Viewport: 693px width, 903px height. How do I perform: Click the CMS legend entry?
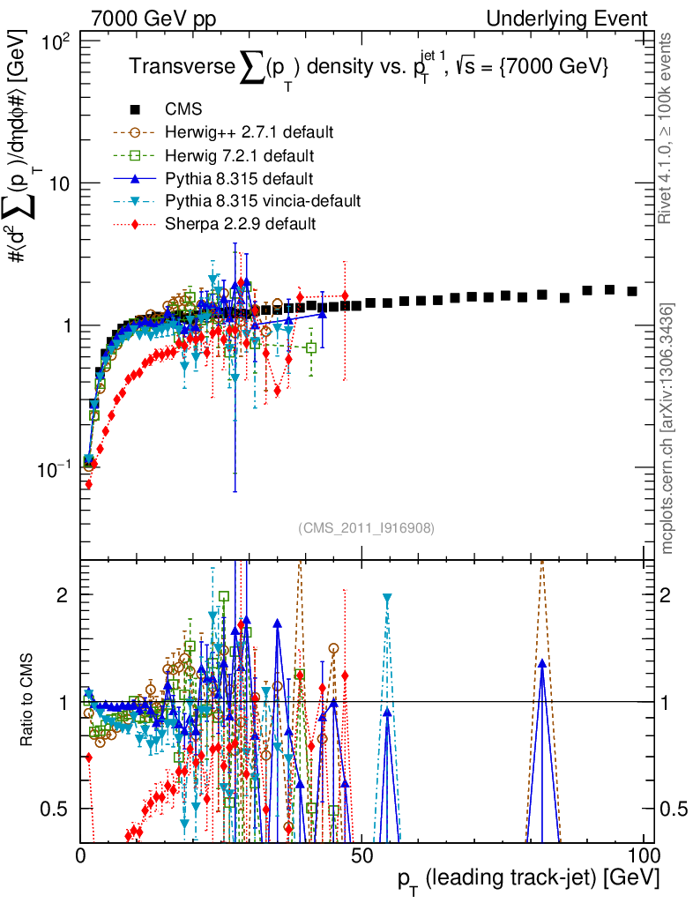pos(183,110)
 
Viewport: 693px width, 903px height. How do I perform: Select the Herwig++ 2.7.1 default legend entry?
pos(249,133)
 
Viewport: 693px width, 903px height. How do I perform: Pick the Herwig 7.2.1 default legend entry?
pos(240,156)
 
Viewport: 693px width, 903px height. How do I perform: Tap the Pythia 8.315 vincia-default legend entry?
pos(263,202)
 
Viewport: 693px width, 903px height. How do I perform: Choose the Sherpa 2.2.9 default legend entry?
pos(240,225)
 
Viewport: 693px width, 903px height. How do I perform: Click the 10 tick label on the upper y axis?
pos(62,183)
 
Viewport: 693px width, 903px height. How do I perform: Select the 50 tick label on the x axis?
pos(362,855)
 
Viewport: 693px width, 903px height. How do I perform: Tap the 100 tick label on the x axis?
pos(643,855)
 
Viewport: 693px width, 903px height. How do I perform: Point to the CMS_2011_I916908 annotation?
pos(366,527)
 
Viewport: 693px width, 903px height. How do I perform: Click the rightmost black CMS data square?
pos(632,291)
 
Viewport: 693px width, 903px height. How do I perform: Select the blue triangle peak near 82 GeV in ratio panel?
pos(542,662)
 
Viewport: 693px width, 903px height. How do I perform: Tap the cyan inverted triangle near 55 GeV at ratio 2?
pos(386,599)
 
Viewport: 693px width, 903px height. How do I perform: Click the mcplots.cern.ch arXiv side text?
pos(668,428)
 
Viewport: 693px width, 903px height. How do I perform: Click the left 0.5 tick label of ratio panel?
pos(62,809)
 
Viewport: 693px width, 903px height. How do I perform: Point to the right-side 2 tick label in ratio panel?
pos(674,595)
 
